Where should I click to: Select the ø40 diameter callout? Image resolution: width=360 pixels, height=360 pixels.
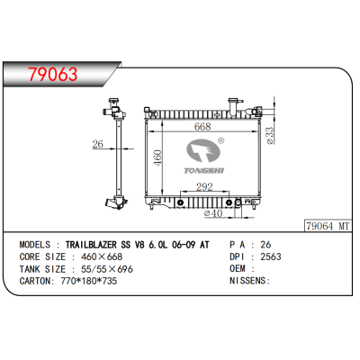pos(213,213)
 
